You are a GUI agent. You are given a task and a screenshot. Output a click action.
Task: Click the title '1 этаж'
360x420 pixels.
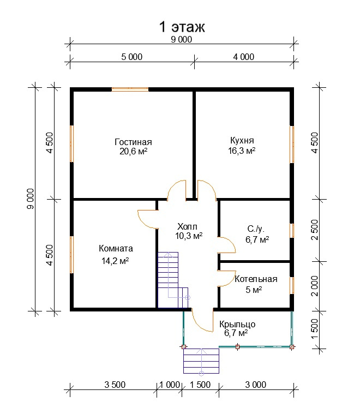[x=182, y=27]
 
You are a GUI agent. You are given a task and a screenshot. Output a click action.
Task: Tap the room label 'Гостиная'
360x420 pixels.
[x=133, y=142]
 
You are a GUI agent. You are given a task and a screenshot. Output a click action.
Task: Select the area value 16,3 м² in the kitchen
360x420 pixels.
[x=242, y=151]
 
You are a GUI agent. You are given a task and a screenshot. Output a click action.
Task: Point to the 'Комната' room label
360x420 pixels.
[x=116, y=248]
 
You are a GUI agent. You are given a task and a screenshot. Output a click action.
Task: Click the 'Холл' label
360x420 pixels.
[x=187, y=226]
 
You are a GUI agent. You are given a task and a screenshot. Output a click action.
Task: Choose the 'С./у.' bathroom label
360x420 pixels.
[x=256, y=229]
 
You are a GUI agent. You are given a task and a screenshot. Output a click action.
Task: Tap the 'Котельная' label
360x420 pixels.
[x=256, y=279]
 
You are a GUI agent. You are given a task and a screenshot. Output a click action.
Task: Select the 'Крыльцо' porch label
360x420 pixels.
[x=237, y=325]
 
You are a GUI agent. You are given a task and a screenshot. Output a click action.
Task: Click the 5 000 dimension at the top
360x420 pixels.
[x=132, y=57]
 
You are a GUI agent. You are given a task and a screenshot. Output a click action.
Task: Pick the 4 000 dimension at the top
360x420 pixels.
[x=243, y=57]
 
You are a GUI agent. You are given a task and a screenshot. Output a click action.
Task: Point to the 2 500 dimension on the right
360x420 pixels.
[x=315, y=230]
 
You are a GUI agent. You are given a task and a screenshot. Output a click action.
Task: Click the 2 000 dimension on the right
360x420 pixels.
[x=315, y=286]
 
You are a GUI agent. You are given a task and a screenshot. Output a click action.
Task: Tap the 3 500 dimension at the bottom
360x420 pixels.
[x=115, y=385]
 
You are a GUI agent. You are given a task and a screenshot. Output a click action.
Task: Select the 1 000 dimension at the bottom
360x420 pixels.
[x=170, y=385]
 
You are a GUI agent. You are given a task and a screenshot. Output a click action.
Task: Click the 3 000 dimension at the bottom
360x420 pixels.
[x=255, y=385]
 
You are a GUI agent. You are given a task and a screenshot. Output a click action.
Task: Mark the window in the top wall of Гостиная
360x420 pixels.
[x=130, y=89]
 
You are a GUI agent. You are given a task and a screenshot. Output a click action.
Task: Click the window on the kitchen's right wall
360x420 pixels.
[x=292, y=145]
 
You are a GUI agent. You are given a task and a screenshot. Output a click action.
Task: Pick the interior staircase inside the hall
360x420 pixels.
[x=173, y=280]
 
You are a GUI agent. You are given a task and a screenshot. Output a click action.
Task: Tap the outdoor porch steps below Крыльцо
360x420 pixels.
[x=201, y=361]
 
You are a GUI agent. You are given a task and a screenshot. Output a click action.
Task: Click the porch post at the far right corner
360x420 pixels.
[x=292, y=347]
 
